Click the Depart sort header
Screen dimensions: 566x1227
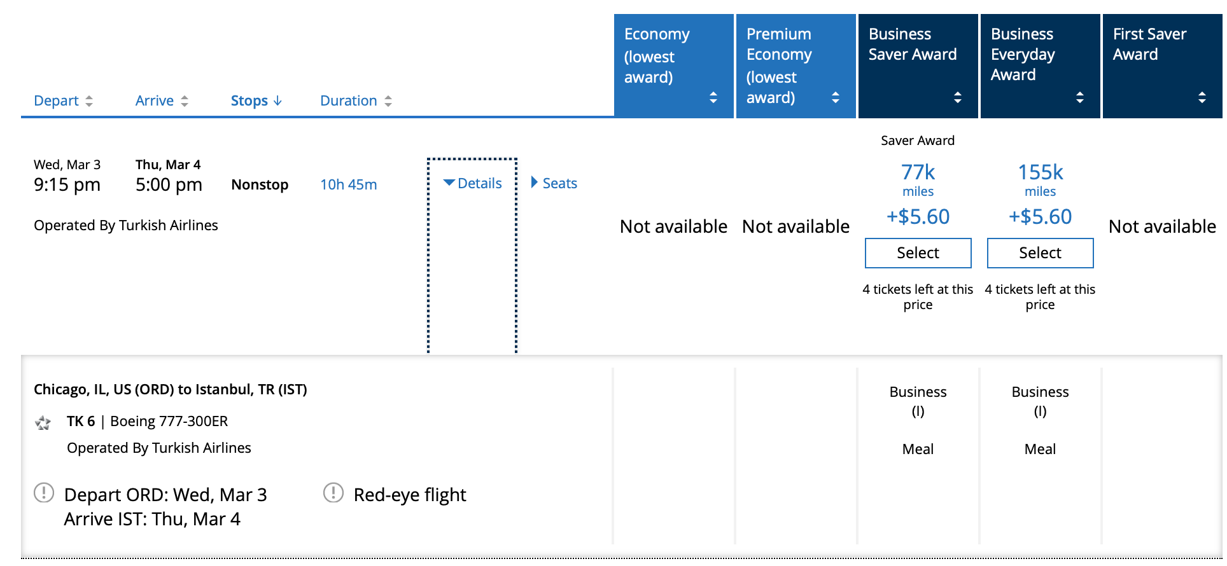tap(63, 100)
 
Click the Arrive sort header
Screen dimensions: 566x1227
tap(162, 100)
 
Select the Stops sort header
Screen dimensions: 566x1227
tap(256, 100)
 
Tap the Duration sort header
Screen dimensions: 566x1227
tap(356, 100)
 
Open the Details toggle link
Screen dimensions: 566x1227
tap(473, 183)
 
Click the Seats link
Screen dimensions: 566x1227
tap(554, 183)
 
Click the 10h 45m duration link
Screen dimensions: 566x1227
tap(348, 184)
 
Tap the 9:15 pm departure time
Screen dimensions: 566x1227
tap(67, 184)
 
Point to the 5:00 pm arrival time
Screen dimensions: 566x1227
tap(169, 184)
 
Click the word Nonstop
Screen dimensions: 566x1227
tap(260, 184)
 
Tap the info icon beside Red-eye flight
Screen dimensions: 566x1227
tap(333, 493)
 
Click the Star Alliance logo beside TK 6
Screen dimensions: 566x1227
tap(43, 423)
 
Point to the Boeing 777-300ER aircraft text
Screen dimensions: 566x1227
tap(169, 421)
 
